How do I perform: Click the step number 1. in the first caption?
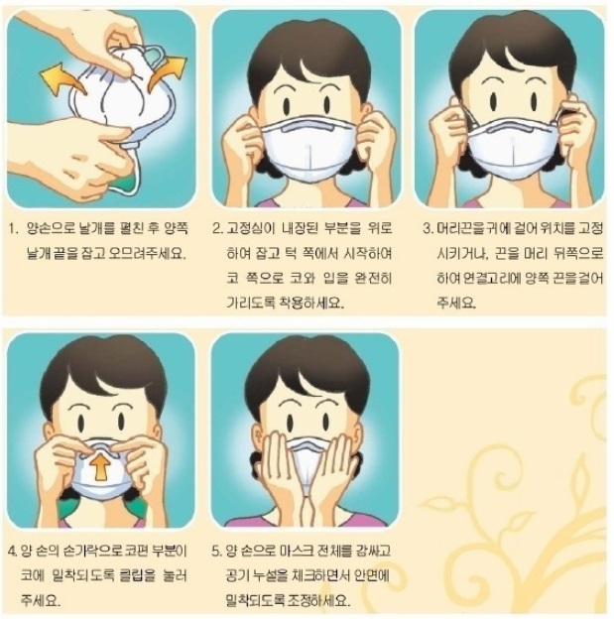[x=13, y=229]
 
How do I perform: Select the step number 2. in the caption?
[x=218, y=228]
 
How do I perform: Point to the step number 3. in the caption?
[x=429, y=228]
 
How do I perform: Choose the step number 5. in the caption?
[x=217, y=551]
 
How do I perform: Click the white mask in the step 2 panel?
[x=309, y=149]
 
